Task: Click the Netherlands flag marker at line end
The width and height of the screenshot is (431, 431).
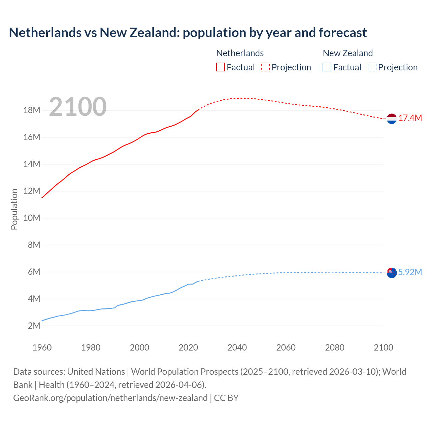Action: pyautogui.click(x=392, y=119)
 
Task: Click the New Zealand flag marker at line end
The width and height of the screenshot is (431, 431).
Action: pyautogui.click(x=392, y=273)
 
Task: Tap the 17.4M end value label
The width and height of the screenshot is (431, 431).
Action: pyautogui.click(x=410, y=118)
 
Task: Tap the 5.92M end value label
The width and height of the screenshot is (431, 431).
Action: pyautogui.click(x=410, y=272)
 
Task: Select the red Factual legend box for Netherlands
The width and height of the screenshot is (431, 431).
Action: pyautogui.click(x=220, y=67)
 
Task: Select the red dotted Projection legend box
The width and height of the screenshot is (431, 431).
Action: pyautogui.click(x=265, y=67)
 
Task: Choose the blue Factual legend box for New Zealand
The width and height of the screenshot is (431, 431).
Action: pyautogui.click(x=327, y=67)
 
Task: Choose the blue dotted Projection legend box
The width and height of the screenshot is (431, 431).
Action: pyautogui.click(x=372, y=67)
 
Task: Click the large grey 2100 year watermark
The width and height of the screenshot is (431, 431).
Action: pyautogui.click(x=78, y=107)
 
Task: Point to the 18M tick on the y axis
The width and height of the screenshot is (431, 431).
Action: pyautogui.click(x=32, y=110)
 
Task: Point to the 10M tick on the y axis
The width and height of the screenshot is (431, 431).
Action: pyautogui.click(x=32, y=218)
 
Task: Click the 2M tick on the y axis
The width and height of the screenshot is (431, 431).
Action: pyautogui.click(x=34, y=326)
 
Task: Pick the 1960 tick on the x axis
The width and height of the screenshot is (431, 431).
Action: pyautogui.click(x=42, y=348)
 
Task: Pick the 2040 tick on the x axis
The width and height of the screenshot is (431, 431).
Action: pyautogui.click(x=237, y=348)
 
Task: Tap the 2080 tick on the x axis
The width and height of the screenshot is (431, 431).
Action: pyautogui.click(x=335, y=348)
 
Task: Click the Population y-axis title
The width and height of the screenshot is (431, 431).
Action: pyautogui.click(x=14, y=209)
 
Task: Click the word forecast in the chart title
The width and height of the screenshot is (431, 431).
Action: pyautogui.click(x=342, y=33)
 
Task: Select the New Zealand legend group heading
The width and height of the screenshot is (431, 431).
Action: pyautogui.click(x=348, y=53)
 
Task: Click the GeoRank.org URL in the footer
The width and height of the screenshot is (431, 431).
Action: pyautogui.click(x=110, y=398)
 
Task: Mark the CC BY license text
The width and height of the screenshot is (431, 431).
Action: pyautogui.click(x=226, y=398)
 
